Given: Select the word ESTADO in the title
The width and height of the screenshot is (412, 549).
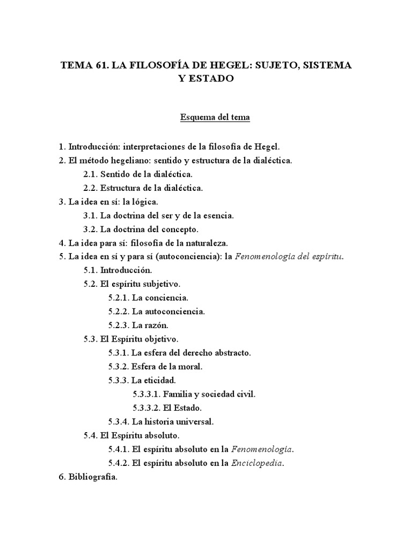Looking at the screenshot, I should pyautogui.click(x=214, y=79).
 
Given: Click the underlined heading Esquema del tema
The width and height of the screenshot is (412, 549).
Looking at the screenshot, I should pyautogui.click(x=215, y=117).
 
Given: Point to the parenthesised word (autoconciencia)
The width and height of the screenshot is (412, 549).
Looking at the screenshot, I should pyautogui.click(x=185, y=256).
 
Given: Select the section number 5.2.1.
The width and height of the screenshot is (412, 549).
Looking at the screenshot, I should pyautogui.click(x=119, y=298).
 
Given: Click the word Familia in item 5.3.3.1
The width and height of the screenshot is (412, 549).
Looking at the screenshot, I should pyautogui.click(x=178, y=394).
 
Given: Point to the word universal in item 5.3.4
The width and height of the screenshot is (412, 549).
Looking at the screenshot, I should pyautogui.click(x=196, y=421).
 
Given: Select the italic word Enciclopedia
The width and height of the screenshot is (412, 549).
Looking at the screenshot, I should pyautogui.click(x=257, y=463).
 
